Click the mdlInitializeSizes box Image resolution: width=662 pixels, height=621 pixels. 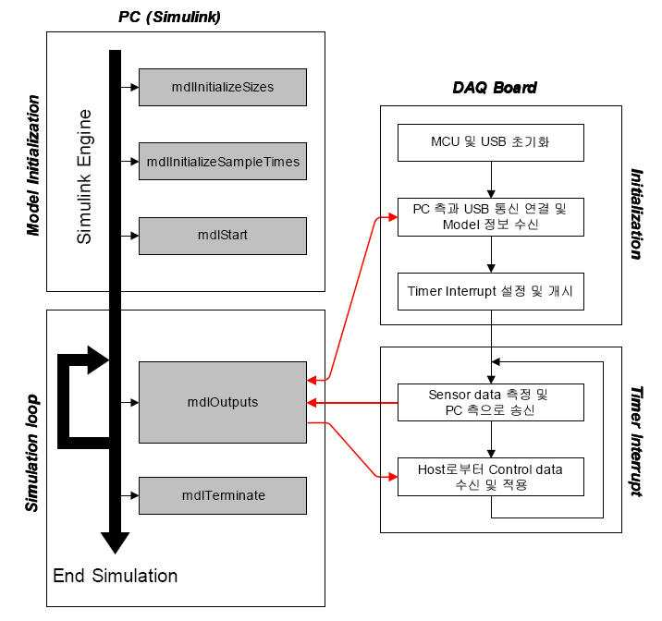click(x=223, y=87)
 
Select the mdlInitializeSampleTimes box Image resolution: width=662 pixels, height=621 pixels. click(x=223, y=161)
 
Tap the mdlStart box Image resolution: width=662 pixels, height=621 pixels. click(x=223, y=236)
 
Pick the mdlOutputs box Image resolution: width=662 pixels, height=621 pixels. click(x=223, y=403)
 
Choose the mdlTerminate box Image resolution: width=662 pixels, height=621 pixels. click(x=223, y=495)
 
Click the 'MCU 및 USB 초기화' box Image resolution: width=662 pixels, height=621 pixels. click(x=491, y=142)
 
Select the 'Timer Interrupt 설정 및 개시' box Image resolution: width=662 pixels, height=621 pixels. click(x=491, y=291)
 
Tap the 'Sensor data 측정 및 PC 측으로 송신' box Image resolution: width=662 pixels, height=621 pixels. click(x=491, y=403)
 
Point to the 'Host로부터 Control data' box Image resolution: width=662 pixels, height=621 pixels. click(x=491, y=477)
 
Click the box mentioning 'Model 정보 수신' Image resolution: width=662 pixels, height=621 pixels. click(x=491, y=217)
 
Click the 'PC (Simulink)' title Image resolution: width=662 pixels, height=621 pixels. click(x=169, y=17)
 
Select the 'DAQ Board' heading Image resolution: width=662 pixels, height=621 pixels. click(x=495, y=87)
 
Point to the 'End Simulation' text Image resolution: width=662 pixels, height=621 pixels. click(x=116, y=576)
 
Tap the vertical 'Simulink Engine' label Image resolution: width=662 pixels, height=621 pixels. click(x=84, y=177)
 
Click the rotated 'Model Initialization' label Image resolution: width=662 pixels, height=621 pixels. click(x=33, y=164)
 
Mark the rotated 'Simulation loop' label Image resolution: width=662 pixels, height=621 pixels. click(x=31, y=453)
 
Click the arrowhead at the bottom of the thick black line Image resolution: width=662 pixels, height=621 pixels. click(x=115, y=543)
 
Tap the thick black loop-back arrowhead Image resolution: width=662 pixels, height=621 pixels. click(x=98, y=360)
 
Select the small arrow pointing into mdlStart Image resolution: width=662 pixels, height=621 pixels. click(x=129, y=236)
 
